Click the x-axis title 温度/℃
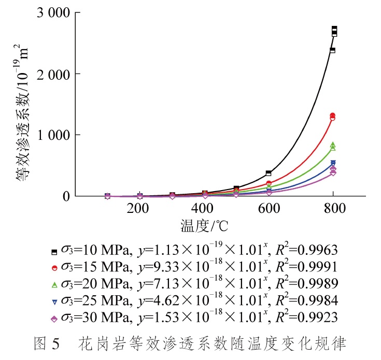204,226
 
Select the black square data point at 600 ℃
269,173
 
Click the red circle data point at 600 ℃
269,183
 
